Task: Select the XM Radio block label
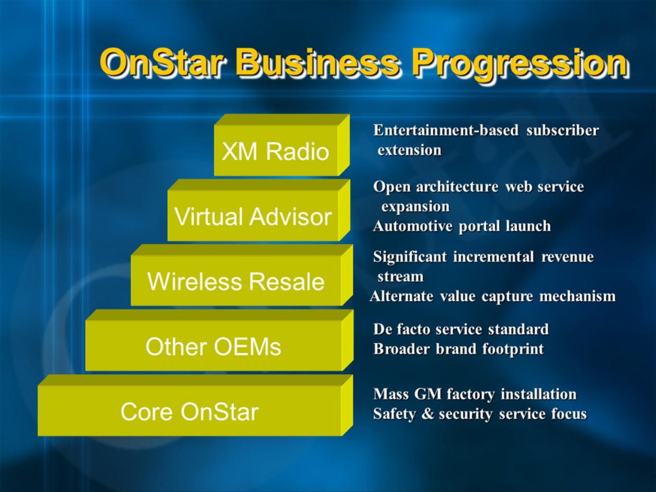pos(275,151)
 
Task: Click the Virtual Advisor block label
pos(253,216)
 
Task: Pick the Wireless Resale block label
pos(236,281)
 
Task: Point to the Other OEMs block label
pos(213,347)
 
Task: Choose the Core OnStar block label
pos(189,412)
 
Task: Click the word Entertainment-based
pos(446,130)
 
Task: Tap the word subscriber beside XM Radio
pos(563,131)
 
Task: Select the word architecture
pos(457,187)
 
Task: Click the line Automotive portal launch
pos(462,226)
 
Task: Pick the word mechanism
pos(577,296)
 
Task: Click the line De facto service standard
pos(461,329)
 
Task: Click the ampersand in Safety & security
pos(427,414)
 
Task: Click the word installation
pos(539,394)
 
